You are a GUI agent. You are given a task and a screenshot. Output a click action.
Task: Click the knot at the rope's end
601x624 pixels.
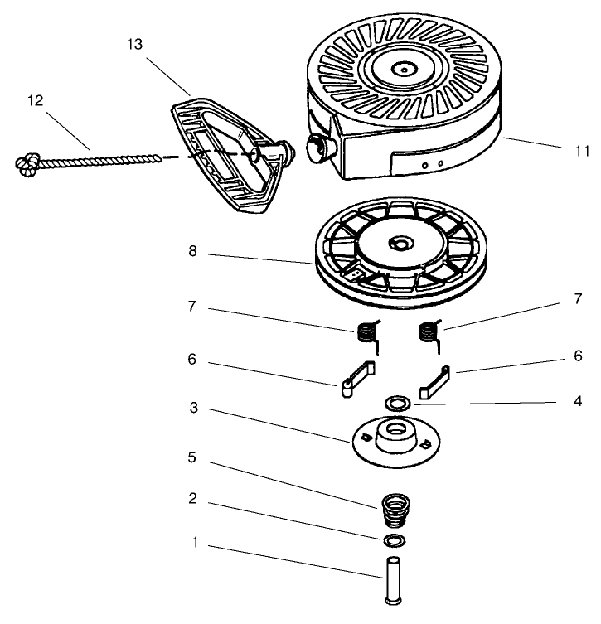click(27, 165)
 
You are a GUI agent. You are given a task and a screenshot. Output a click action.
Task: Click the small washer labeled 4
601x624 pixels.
click(397, 404)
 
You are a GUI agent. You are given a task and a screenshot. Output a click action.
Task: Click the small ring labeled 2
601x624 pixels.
click(396, 542)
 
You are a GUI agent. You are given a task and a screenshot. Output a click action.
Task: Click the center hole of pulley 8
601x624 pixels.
click(402, 244)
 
